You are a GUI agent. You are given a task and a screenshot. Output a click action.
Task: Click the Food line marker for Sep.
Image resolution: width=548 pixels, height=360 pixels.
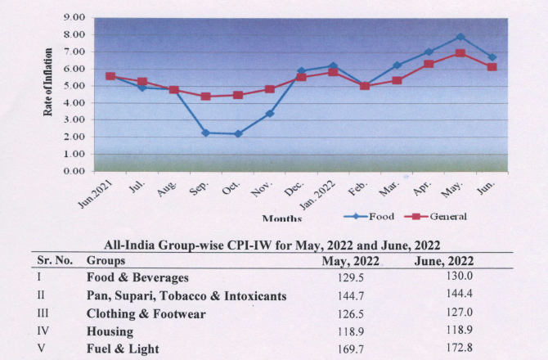[x=204, y=133]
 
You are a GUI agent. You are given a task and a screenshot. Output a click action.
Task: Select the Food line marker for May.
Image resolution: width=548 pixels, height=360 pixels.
[x=460, y=37]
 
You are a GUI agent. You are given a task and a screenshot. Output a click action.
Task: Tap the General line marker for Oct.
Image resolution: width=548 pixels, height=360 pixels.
[x=238, y=95]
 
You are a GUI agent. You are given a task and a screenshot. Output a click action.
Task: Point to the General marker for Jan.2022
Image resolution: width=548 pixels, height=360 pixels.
[x=332, y=72]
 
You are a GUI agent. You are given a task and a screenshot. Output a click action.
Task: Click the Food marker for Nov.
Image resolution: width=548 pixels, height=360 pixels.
[x=269, y=114]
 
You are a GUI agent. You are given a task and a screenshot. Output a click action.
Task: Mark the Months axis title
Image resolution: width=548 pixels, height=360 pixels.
[x=281, y=218]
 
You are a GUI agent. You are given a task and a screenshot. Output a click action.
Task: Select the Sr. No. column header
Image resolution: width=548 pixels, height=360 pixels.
[x=56, y=260]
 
